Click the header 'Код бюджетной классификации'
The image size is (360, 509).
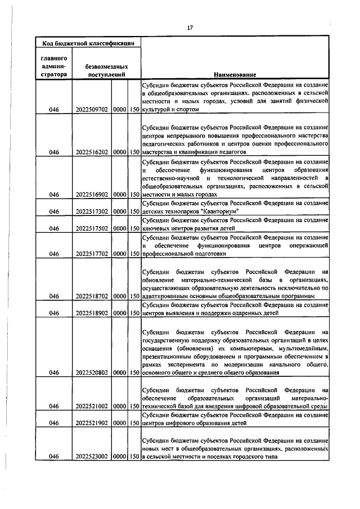point(88,43)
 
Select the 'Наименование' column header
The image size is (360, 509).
point(235,75)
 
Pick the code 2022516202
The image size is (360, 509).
point(92,152)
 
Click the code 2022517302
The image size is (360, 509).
point(92,211)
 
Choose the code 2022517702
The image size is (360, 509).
point(92,254)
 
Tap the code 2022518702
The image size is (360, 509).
point(92,296)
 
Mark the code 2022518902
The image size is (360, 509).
point(92,313)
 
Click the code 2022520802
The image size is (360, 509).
point(92,372)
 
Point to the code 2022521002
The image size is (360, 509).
point(92,406)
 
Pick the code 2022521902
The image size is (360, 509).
point(92,422)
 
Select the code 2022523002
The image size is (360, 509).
point(92,456)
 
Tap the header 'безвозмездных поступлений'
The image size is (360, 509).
point(105,71)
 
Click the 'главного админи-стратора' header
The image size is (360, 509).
point(54,66)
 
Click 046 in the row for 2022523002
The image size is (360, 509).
point(54,456)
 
